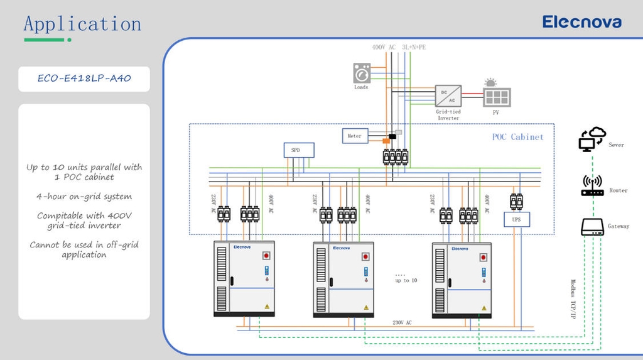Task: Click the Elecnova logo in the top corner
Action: pos(581,22)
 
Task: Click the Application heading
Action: pos(82,25)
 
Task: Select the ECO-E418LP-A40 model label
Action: pos(84,78)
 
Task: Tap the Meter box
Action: pos(355,136)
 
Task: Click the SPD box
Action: pos(299,150)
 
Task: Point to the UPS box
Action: pos(517,219)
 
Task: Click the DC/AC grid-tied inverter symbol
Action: pos(448,96)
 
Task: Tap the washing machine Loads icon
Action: pos(362,73)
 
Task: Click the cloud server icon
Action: pos(592,139)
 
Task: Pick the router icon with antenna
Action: pos(593,185)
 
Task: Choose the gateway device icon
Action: pos(593,227)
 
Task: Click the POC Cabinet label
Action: pos(518,137)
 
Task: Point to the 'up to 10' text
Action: pos(406,280)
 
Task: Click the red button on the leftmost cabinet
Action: pos(266,256)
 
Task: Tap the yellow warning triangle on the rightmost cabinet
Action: pos(484,308)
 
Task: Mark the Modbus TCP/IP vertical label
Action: pos(573,299)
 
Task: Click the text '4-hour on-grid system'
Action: pos(84,197)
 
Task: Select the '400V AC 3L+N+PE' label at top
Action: pos(399,47)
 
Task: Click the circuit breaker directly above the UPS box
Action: pos(516,202)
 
